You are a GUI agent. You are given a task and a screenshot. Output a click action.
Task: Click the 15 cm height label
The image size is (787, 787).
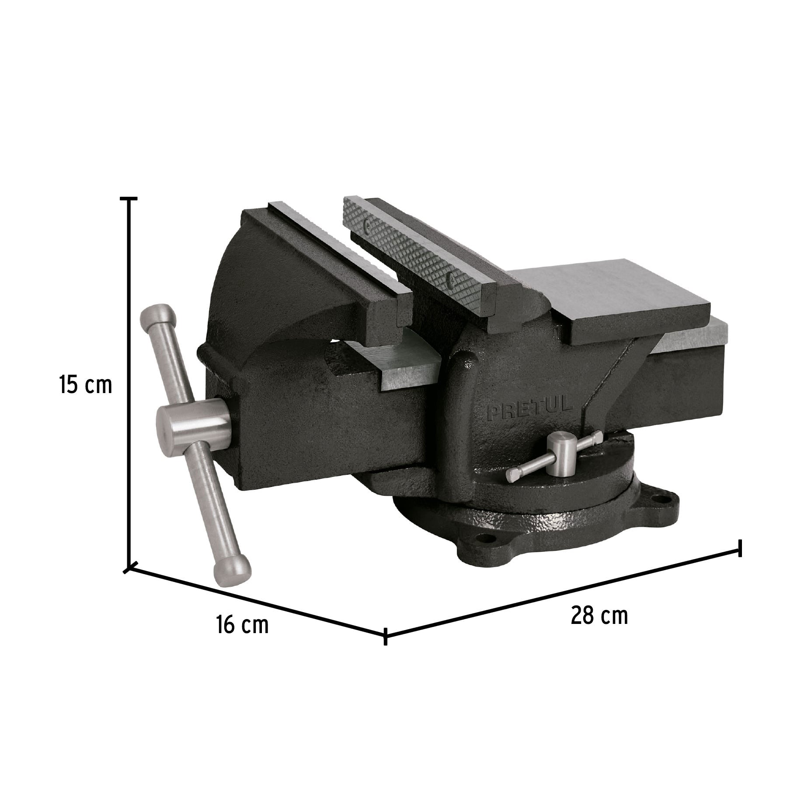point(86,385)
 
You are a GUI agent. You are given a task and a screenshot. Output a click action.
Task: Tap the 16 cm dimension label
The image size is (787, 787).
point(242,625)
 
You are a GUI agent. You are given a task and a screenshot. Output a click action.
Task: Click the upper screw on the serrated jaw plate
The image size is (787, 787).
point(368,226)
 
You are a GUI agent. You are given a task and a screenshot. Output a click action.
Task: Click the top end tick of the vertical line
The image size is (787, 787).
point(129,198)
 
